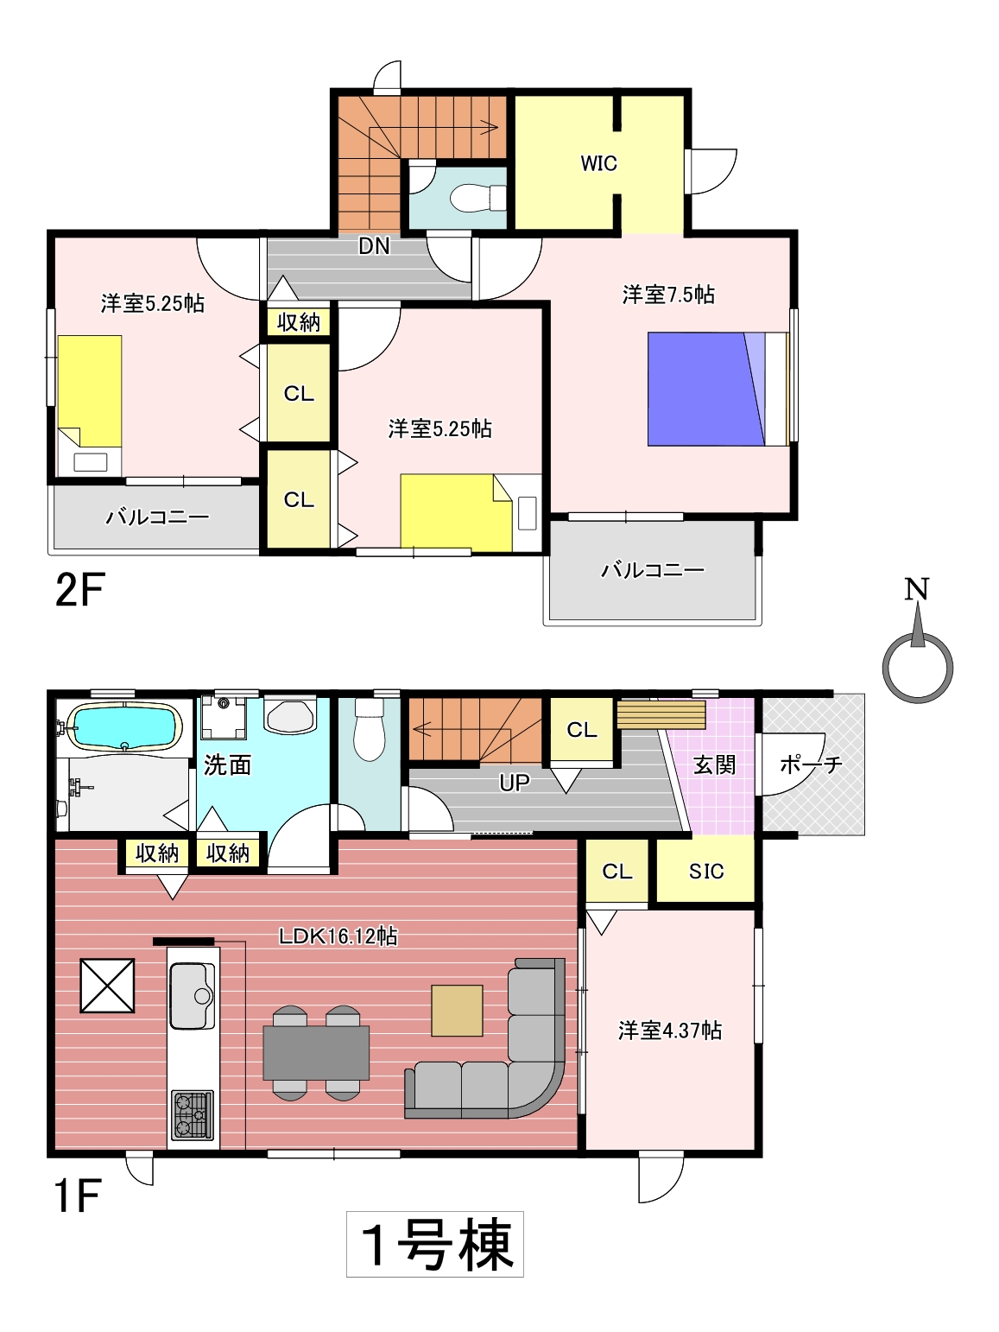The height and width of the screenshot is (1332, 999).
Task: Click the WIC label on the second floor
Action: (x=598, y=163)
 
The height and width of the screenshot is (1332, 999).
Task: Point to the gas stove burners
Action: (x=193, y=1114)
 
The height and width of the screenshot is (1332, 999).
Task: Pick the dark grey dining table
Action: (x=316, y=1052)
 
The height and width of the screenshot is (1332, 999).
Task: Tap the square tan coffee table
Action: (x=458, y=1011)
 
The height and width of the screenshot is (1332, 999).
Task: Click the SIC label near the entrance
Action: (x=706, y=872)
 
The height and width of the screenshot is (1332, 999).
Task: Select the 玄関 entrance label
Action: (x=714, y=764)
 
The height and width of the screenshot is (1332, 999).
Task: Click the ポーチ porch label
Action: (x=811, y=764)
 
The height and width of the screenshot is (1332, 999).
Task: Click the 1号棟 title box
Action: (x=435, y=1245)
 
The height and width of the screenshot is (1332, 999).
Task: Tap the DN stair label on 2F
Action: (x=374, y=246)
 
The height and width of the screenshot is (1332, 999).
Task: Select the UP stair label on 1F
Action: (x=514, y=783)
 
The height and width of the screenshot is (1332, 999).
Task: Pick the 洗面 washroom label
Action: (x=227, y=765)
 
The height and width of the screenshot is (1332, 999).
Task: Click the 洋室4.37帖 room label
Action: (x=670, y=1031)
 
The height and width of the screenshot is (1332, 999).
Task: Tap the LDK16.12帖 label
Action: (x=338, y=936)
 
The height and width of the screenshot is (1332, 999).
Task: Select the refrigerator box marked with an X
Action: (x=107, y=986)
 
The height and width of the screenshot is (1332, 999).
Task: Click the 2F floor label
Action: (x=80, y=590)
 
